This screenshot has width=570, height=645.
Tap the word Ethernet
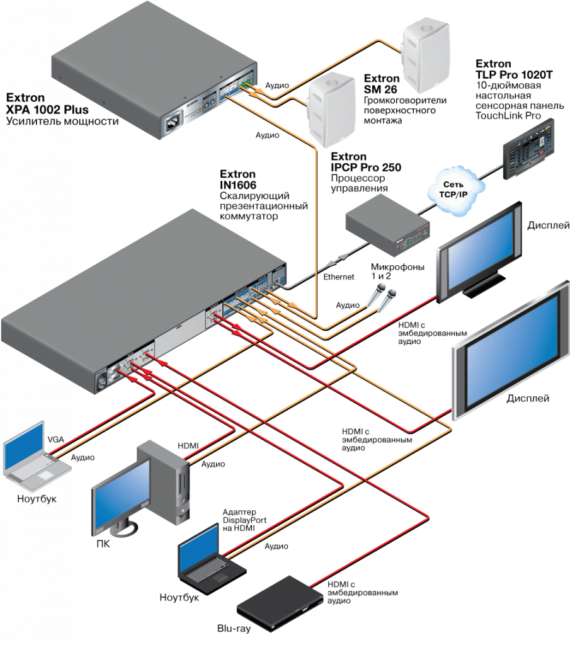click(339, 277)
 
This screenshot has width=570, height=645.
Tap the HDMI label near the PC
click(188, 446)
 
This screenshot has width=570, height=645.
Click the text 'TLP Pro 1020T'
click(514, 74)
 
